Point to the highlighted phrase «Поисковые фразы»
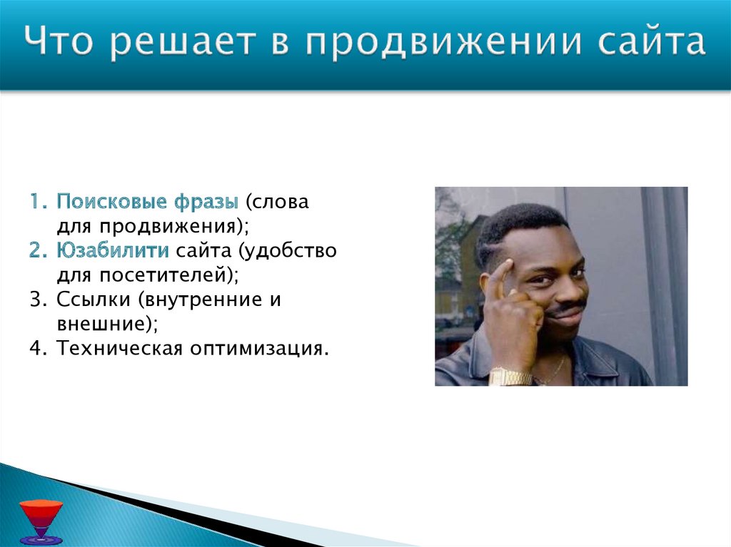click(148, 202)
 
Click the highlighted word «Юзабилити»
click(113, 250)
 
